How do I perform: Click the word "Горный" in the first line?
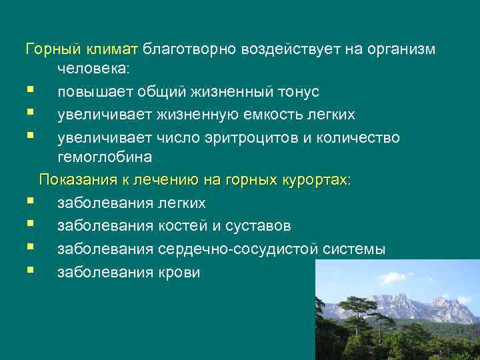pos(48,49)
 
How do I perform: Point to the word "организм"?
pos(399,49)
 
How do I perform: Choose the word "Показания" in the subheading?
pos(73,181)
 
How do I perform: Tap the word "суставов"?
pos(258,226)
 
